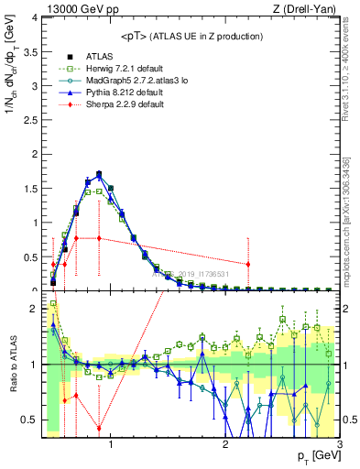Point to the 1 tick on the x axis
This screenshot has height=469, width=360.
(x=111, y=446)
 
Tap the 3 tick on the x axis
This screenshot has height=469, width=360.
(x=338, y=446)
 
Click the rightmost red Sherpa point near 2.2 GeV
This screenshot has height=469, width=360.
(x=247, y=265)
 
